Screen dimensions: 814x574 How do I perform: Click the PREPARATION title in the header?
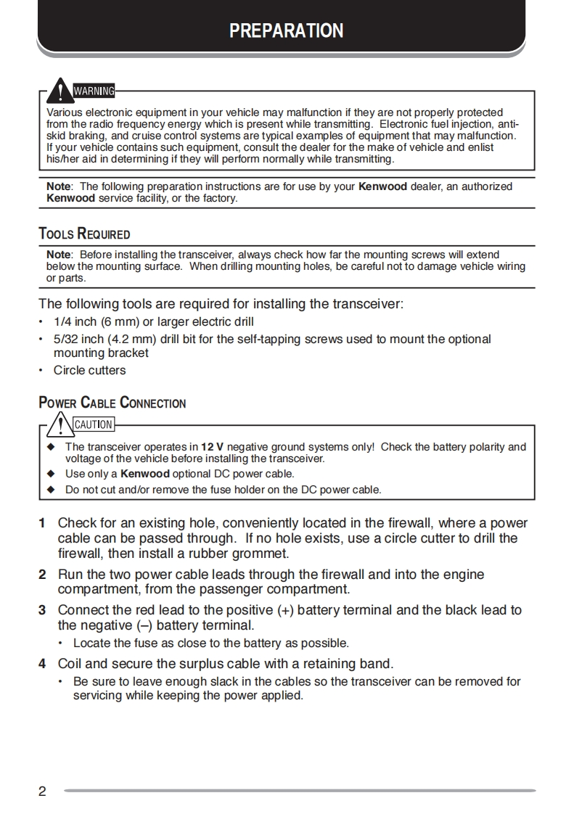287,30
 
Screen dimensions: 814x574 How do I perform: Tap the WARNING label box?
94,91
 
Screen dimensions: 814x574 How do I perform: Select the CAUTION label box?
94,424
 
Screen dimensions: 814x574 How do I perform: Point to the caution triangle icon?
60,423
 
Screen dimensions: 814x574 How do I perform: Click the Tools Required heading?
84,234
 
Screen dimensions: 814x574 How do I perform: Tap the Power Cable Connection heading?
112,403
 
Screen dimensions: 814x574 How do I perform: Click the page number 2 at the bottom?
42,791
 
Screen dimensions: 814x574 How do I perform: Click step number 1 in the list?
42,523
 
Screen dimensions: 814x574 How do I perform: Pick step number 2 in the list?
42,575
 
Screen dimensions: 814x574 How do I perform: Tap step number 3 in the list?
42,610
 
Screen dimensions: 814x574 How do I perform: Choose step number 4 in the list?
42,663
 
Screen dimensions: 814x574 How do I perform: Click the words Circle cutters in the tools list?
89,370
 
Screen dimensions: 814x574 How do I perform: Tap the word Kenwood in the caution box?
145,474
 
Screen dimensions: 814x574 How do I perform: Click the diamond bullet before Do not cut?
51,490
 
